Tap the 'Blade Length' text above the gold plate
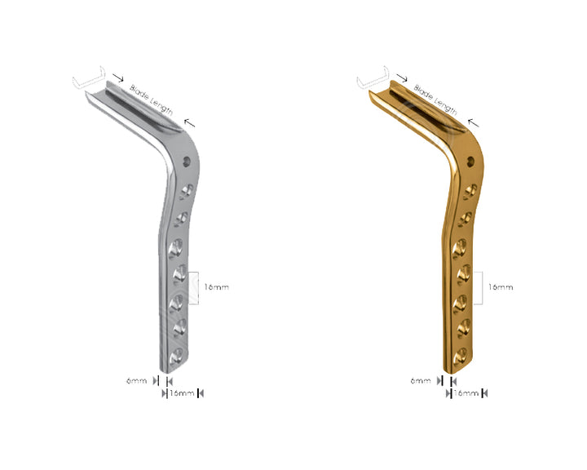tap(435, 98)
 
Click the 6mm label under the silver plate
tap(137, 381)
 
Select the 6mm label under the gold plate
tap(421, 381)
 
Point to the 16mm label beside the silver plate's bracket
tap(216, 287)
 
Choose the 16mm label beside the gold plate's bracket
tap(500, 287)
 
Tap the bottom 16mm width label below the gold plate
tap(466, 393)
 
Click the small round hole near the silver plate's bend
tap(189, 162)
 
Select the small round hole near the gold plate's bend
tap(473, 162)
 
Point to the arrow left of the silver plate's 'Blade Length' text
tap(118, 79)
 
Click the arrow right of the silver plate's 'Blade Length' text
tap(189, 122)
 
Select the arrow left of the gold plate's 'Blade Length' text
tap(402, 79)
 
